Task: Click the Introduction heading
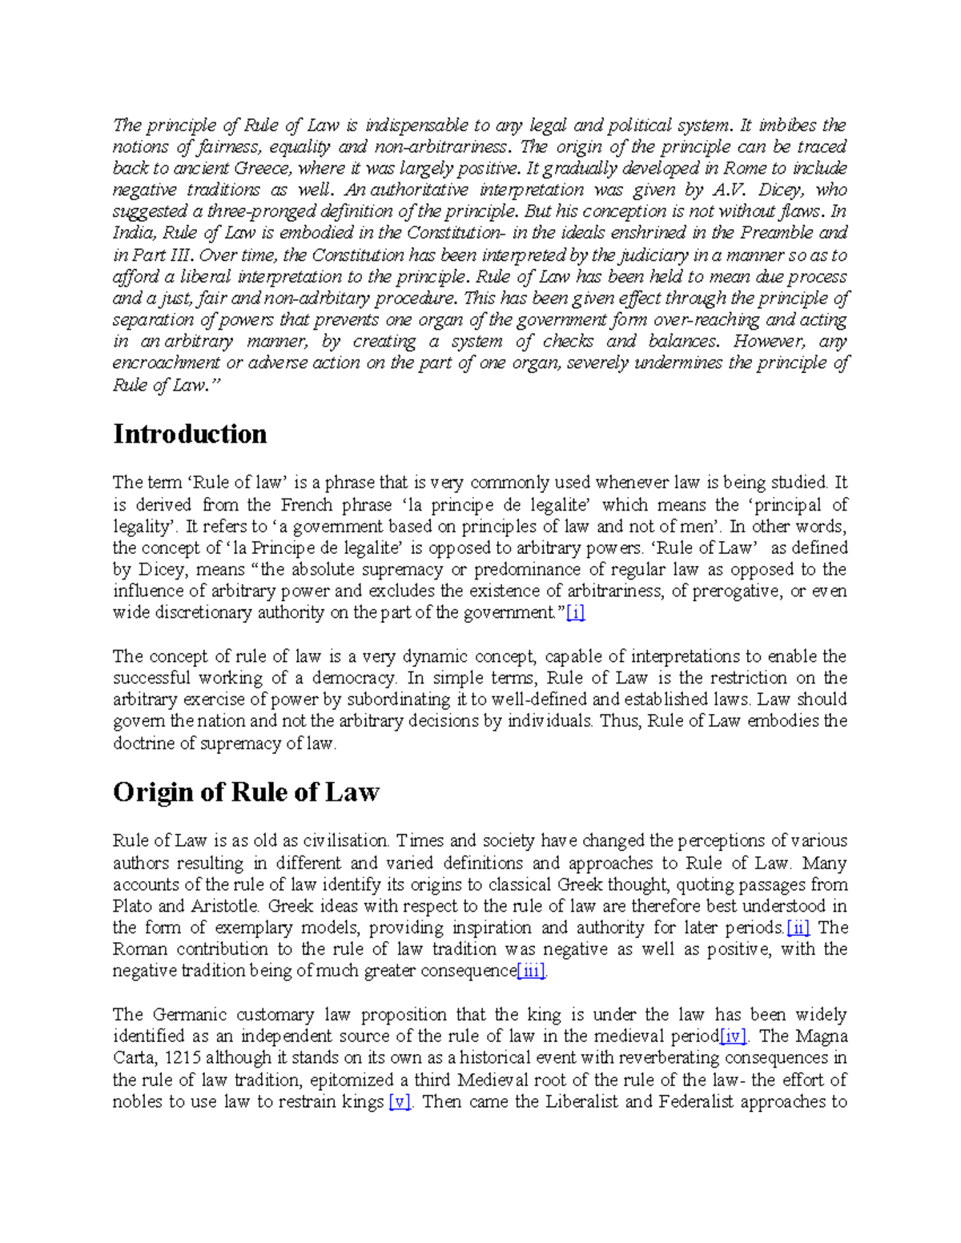point(190,434)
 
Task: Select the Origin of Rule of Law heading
point(246,792)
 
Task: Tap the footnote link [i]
point(575,613)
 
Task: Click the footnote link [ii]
point(798,928)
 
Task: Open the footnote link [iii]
point(531,971)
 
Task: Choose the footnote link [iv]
point(733,1037)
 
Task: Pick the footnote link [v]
point(399,1102)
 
